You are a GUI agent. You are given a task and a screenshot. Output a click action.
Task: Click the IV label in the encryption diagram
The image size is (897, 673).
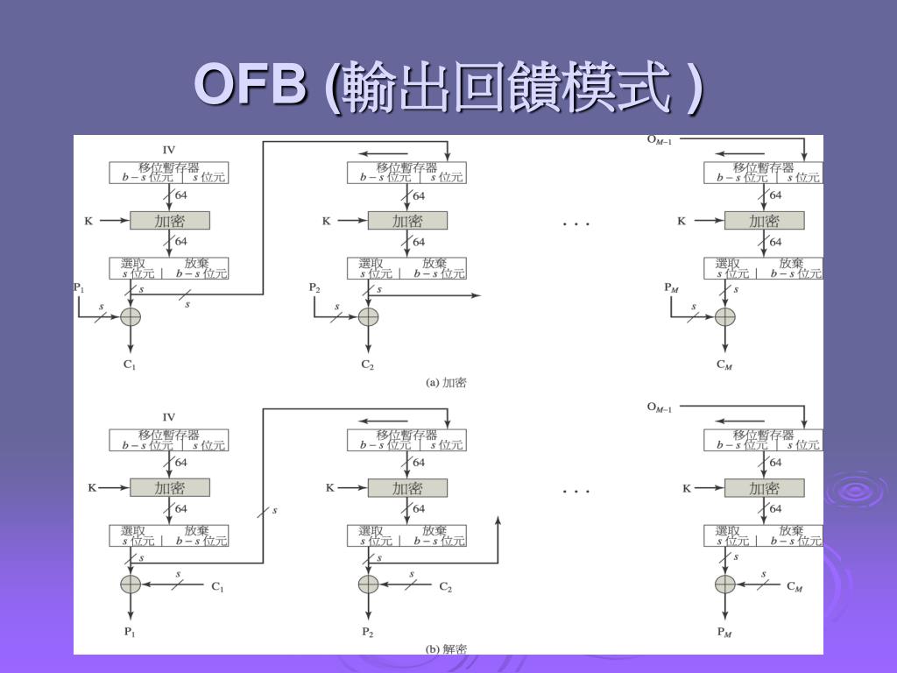tap(169, 149)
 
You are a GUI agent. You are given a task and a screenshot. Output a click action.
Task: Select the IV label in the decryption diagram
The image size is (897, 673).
tap(169, 416)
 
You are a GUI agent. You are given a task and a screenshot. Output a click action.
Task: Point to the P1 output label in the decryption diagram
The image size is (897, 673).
tap(130, 631)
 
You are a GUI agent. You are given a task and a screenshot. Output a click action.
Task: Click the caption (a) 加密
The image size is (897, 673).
tap(445, 383)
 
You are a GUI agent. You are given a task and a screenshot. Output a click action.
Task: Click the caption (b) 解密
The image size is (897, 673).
tap(445, 649)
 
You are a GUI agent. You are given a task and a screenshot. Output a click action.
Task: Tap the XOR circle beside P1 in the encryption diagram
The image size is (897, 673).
tap(130, 316)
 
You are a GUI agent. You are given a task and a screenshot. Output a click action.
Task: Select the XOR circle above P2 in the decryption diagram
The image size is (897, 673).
tap(368, 584)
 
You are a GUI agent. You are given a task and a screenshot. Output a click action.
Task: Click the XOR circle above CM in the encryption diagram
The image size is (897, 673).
tap(724, 316)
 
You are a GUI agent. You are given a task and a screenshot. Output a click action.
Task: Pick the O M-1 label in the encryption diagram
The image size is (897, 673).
tap(659, 139)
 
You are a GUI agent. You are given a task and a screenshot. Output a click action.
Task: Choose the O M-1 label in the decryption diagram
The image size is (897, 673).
tap(659, 407)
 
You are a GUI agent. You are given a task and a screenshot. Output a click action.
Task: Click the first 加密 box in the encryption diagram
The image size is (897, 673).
tap(170, 221)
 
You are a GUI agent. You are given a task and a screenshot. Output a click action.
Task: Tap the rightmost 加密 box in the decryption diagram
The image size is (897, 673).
tap(764, 488)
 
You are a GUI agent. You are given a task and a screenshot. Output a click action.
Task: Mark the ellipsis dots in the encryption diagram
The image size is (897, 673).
tap(576, 224)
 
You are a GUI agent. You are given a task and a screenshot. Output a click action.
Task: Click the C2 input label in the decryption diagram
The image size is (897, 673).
tap(445, 587)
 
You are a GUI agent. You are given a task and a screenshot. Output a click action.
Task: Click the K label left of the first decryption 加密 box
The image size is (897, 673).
tap(91, 488)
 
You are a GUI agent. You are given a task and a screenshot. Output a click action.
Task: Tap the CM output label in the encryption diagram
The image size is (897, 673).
tap(724, 365)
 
